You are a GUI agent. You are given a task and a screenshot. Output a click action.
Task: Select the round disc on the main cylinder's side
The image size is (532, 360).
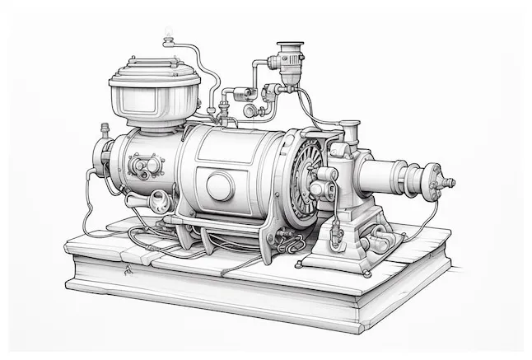coord(219,185)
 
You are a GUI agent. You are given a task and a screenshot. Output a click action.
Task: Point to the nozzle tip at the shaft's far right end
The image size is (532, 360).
coord(448,182)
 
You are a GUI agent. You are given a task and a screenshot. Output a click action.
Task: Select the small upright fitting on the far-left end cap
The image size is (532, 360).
coord(105,132)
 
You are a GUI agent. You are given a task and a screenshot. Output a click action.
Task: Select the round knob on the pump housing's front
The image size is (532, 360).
coord(324,175)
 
